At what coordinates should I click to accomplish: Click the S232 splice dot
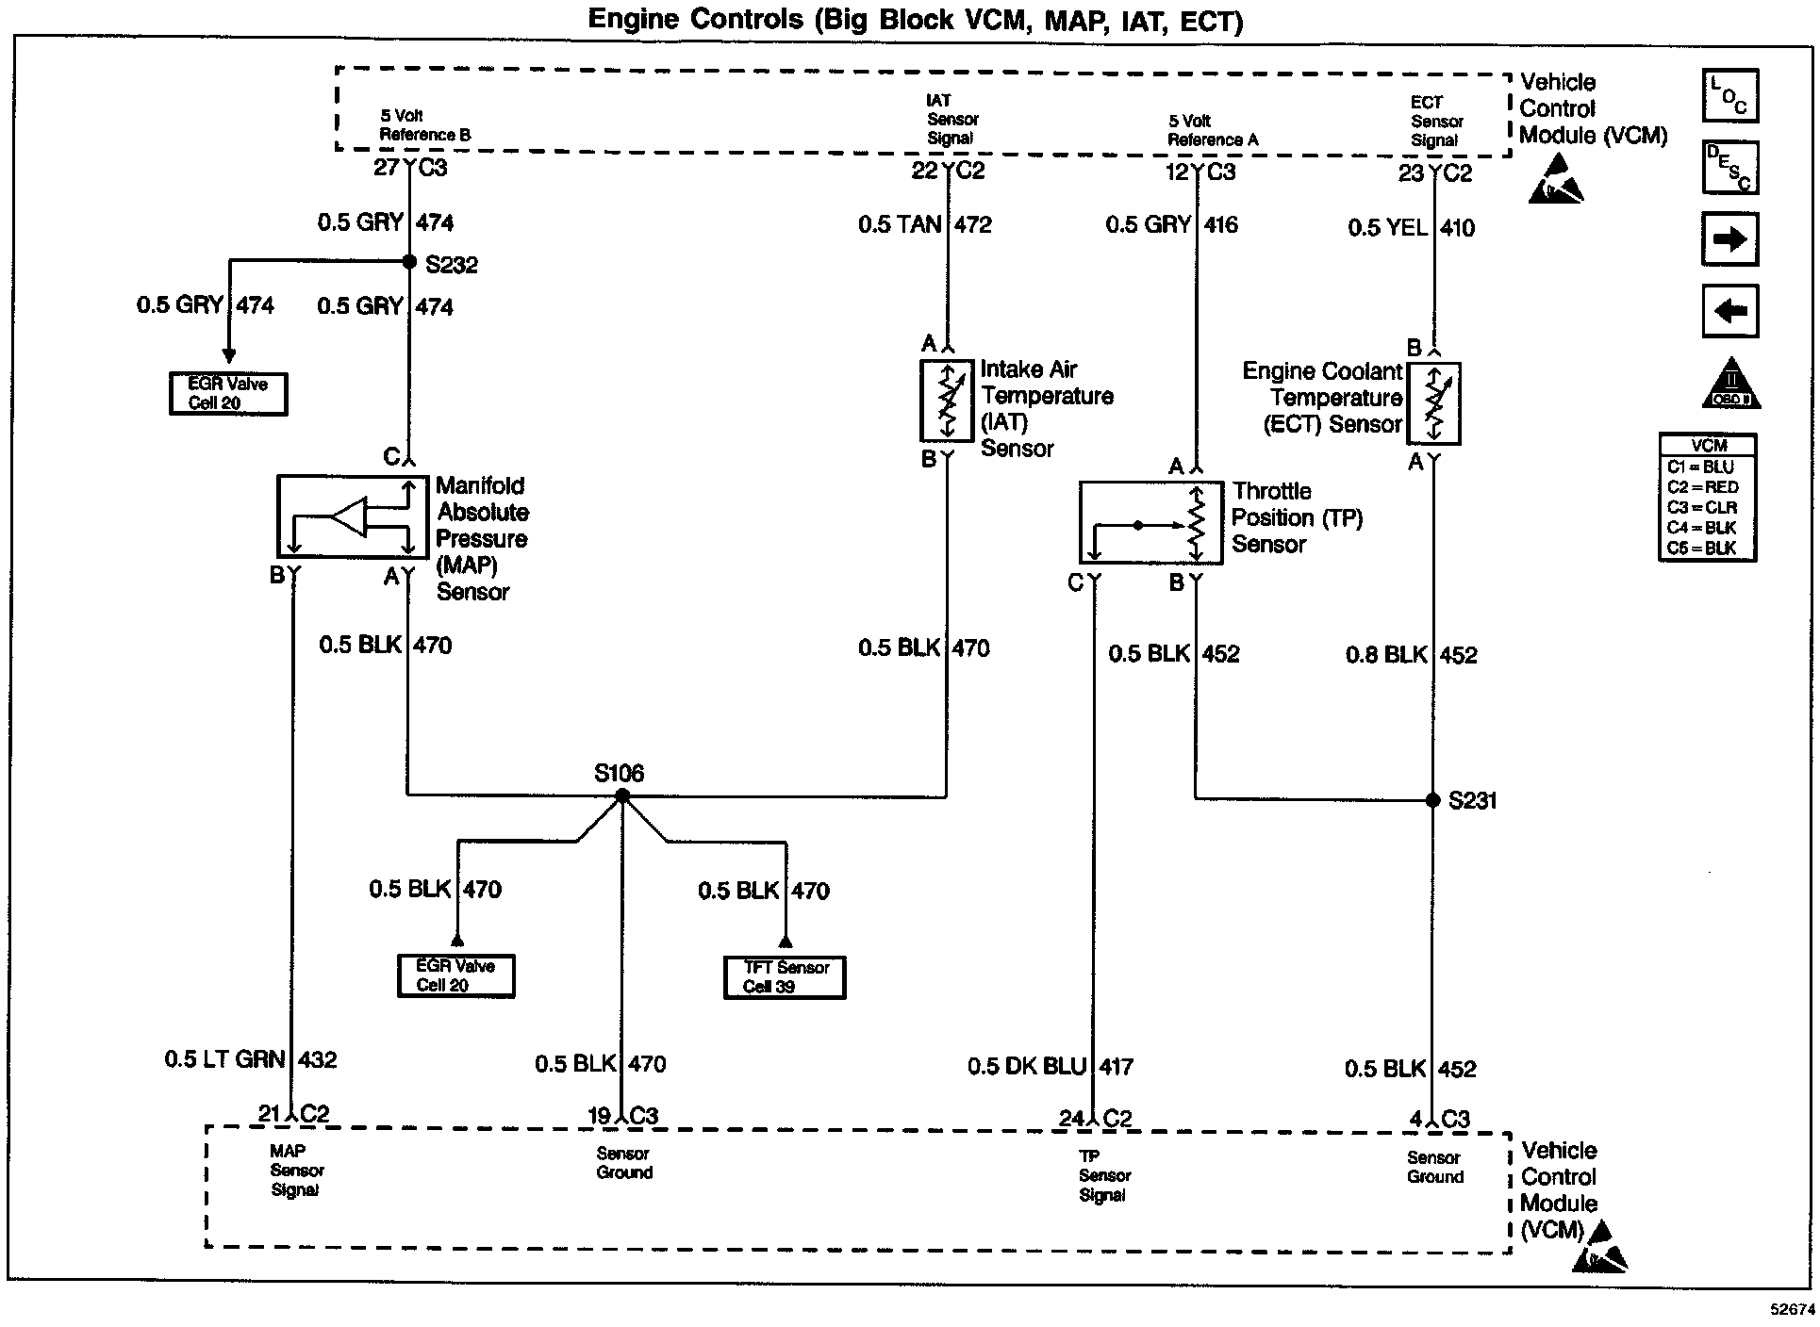tap(409, 262)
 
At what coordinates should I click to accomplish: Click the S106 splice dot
tap(621, 796)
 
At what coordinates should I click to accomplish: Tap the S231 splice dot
tap(1432, 800)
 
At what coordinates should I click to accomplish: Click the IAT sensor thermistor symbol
tap(947, 400)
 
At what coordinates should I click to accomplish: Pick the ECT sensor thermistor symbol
tap(1433, 403)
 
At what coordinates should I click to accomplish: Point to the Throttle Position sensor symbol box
tap(1150, 523)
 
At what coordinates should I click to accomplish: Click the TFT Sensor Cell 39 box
tap(785, 977)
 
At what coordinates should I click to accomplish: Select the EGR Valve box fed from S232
tap(228, 394)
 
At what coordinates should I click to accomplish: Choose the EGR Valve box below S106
tap(455, 975)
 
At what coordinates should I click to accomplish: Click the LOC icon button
tap(1729, 96)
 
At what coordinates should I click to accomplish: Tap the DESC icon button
tap(1729, 168)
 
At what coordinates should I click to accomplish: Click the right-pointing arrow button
tap(1729, 239)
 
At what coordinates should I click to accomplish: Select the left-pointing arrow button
tap(1729, 311)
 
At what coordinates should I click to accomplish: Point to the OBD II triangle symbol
tap(1730, 385)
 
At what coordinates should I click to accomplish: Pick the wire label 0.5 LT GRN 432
tap(250, 1059)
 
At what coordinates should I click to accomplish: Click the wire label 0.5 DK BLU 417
tap(1050, 1067)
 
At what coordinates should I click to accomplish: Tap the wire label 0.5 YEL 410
tap(1411, 228)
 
